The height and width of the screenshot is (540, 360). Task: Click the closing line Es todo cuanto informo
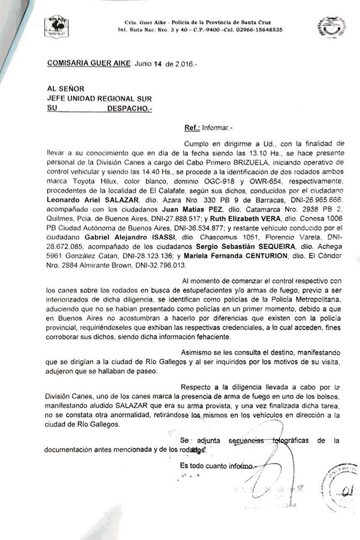[217, 465]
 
